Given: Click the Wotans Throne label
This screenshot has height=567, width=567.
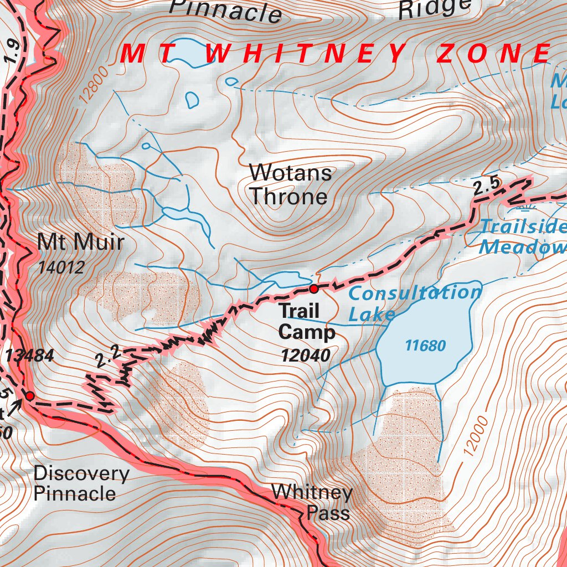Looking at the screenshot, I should tap(290, 185).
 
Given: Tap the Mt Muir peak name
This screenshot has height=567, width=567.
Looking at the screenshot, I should tap(81, 242).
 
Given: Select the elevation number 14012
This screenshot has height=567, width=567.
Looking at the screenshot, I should tap(61, 268).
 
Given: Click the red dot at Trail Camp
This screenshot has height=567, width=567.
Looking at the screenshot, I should tap(314, 288).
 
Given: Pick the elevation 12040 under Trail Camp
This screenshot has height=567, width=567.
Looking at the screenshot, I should tap(305, 355).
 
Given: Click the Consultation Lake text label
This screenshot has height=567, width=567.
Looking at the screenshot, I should tap(414, 303).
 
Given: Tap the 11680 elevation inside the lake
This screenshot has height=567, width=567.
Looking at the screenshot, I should tap(425, 346).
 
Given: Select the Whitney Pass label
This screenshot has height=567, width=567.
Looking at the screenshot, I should tap(312, 502).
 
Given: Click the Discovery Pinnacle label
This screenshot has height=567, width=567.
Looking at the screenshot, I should tap(81, 483).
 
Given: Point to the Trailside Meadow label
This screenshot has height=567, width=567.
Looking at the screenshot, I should tap(522, 236).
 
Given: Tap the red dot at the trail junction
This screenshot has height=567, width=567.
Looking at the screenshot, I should tap(29, 396).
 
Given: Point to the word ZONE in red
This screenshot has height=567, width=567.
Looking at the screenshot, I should tap(492, 54).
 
